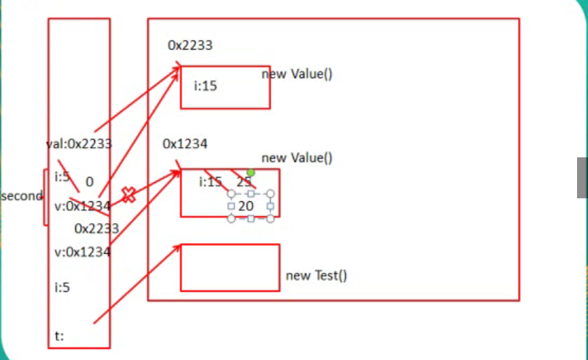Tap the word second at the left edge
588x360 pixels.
[22, 196]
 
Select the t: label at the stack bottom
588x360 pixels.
[59, 337]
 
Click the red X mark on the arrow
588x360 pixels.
[129, 195]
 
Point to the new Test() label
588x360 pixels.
[316, 275]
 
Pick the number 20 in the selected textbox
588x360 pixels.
[246, 206]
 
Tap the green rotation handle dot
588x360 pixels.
[251, 173]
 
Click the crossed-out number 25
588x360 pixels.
[244, 181]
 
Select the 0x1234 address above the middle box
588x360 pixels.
[185, 143]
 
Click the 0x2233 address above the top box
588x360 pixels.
[190, 45]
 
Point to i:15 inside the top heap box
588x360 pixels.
[206, 86]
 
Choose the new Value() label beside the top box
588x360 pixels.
[297, 74]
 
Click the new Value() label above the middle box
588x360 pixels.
[297, 157]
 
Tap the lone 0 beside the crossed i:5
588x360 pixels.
[89, 181]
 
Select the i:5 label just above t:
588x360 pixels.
[62, 288]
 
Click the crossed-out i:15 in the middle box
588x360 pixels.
[211, 181]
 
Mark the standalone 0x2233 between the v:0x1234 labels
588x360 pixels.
[97, 228]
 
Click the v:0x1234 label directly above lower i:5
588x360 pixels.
[82, 252]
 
